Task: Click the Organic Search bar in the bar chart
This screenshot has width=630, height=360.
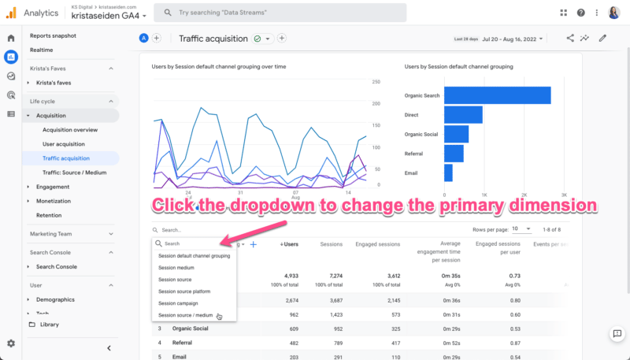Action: (x=496, y=95)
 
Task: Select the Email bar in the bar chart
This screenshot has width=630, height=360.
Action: (x=448, y=173)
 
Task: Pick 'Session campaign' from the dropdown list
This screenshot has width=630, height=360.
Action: (x=178, y=303)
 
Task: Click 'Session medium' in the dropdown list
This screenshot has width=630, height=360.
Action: (x=176, y=268)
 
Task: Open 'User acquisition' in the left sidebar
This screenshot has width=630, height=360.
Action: (x=64, y=144)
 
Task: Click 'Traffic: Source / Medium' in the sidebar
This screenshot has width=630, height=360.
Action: (x=74, y=173)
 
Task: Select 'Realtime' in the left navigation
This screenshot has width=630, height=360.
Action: (x=42, y=50)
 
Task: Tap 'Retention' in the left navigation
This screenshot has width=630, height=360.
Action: (x=49, y=215)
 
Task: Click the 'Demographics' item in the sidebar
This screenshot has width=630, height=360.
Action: (x=55, y=299)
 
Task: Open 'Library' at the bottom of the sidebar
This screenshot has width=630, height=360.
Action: (x=49, y=325)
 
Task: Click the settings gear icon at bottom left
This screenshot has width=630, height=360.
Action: (x=11, y=343)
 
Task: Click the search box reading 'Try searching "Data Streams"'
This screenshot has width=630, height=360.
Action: (x=280, y=13)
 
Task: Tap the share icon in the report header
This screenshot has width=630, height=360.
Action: (x=570, y=38)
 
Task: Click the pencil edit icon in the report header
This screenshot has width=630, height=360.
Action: (x=602, y=38)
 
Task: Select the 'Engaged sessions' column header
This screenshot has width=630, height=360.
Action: (x=377, y=244)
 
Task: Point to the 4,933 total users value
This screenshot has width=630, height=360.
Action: (x=289, y=276)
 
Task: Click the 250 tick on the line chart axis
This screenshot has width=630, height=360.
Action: (x=376, y=82)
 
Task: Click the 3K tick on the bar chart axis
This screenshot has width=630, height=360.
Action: (x=564, y=194)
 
